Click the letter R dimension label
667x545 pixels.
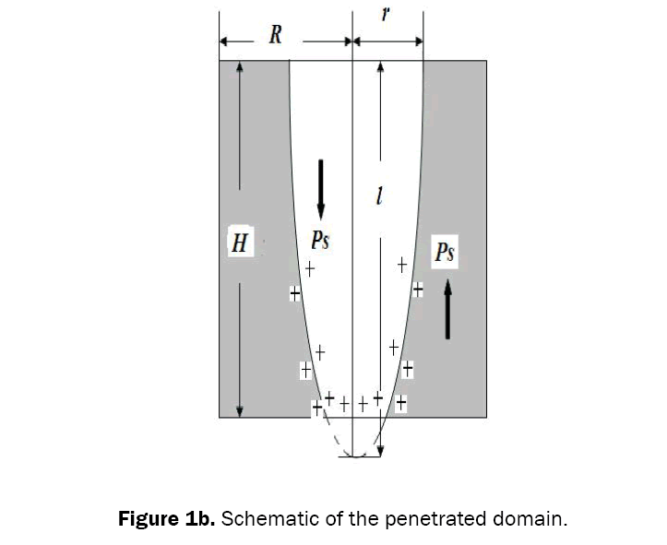(x=275, y=36)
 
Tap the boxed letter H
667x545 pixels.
(x=240, y=244)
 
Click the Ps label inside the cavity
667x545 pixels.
(x=320, y=241)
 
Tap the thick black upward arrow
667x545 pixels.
(x=447, y=309)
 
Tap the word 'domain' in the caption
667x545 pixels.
(x=530, y=518)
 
